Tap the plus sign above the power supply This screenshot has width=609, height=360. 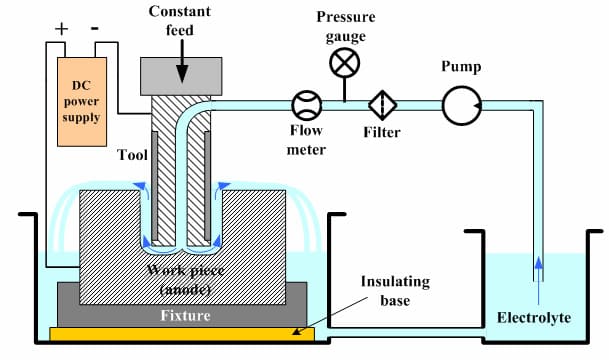coord(61,29)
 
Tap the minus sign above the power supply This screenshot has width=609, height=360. coord(96,29)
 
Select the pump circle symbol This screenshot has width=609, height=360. coord(460,105)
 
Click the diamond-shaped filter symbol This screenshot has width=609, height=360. coord(383,105)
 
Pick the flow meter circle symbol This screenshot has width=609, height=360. coord(306,105)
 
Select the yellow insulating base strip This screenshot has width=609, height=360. coord(181,332)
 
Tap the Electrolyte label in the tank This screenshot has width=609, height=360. coord(534,318)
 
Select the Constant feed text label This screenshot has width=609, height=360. coord(180,19)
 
